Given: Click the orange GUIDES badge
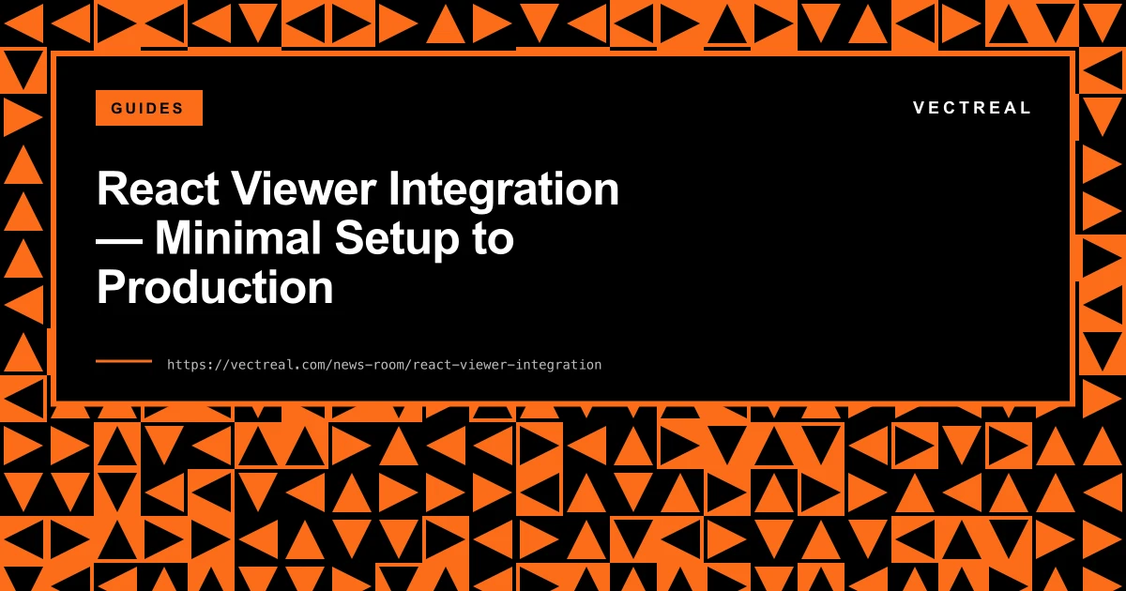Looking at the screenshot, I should [x=148, y=108].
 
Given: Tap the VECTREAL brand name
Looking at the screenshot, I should [x=972, y=108].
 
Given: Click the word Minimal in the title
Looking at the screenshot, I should [x=234, y=238].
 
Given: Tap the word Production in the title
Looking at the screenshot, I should [x=215, y=287].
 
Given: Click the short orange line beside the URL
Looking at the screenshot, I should [x=124, y=361].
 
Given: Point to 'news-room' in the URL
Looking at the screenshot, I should [x=369, y=365].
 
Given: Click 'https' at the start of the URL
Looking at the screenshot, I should [x=185, y=365].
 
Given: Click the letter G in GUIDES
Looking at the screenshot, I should [x=116, y=108].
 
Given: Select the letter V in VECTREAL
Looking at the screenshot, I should [x=920, y=108].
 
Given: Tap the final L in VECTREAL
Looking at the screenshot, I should [x=1027, y=108].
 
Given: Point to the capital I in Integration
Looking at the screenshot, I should [x=393, y=190].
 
